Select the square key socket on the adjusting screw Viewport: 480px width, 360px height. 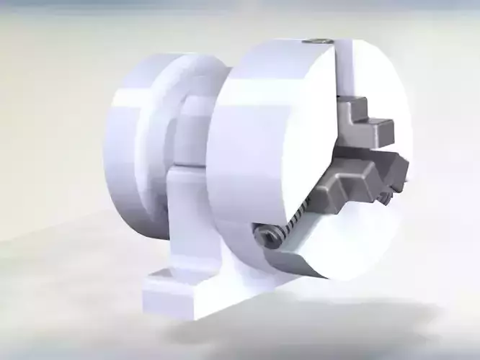265,234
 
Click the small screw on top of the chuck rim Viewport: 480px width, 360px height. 317,41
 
